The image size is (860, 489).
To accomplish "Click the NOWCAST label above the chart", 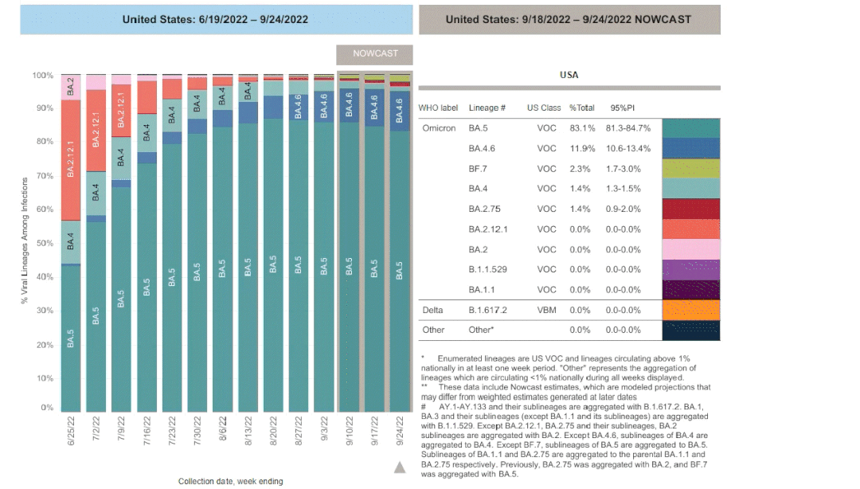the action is [x=374, y=54].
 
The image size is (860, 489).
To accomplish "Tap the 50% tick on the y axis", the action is [x=45, y=243].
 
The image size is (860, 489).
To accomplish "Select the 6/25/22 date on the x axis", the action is [x=71, y=431].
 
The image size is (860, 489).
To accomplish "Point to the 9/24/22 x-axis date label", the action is [x=399, y=431].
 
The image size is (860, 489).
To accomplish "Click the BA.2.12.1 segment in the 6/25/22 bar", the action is [x=71, y=160].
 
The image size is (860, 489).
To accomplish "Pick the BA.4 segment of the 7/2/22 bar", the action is [x=96, y=194].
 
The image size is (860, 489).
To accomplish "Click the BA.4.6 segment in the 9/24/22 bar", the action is [x=399, y=111].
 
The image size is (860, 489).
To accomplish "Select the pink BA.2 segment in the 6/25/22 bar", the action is [x=71, y=88].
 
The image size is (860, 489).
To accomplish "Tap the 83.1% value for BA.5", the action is [x=582, y=128].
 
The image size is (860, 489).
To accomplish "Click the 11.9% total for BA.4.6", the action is [x=582, y=149].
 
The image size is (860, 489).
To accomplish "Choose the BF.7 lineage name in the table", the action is [x=477, y=169].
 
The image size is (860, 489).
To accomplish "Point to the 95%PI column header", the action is [x=622, y=108].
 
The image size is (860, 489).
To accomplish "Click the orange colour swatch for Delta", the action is [x=691, y=310].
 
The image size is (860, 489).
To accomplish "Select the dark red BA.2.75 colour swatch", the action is [x=691, y=209].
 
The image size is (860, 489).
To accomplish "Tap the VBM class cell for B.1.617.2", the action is [x=546, y=310].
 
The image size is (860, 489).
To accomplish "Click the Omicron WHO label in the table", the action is [x=439, y=128].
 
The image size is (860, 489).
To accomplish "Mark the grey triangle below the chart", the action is [x=400, y=467].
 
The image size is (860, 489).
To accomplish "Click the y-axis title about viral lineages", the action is [x=24, y=241].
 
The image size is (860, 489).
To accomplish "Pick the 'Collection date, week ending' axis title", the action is [x=230, y=481].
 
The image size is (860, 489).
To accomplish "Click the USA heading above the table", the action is [x=569, y=75].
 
